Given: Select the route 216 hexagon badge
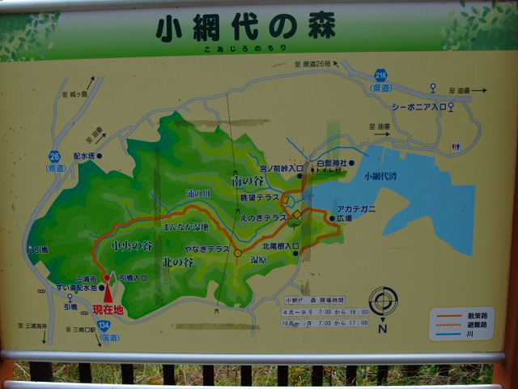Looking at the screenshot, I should (380, 75).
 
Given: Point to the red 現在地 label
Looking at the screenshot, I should (108, 310).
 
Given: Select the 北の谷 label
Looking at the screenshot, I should (177, 263).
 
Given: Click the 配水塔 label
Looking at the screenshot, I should (86, 156).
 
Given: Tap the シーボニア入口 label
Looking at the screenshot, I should (418, 106).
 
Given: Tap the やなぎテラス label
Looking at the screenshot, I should (207, 250).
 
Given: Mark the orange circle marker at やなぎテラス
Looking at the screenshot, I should (237, 253).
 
